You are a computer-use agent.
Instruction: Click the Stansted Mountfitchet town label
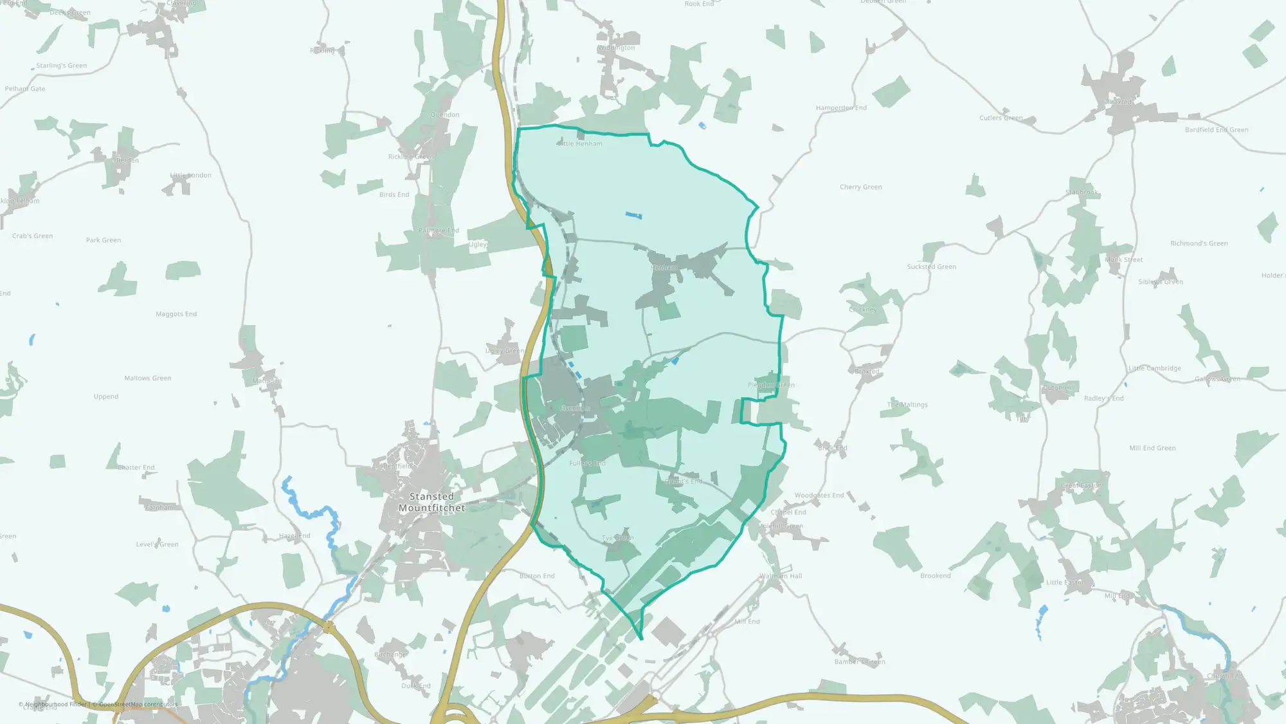431,503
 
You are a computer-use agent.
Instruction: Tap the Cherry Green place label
860,187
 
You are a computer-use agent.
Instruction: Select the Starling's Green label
61,66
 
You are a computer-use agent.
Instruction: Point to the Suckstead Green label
931,267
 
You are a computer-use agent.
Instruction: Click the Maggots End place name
176,314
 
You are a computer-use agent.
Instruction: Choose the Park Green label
103,241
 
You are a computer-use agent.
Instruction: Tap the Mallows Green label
147,378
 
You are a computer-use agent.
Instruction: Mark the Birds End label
394,195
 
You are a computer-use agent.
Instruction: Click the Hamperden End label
841,108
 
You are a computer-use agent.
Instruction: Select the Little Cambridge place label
1154,369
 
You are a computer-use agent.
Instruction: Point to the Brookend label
935,576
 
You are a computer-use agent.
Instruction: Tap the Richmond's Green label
1199,244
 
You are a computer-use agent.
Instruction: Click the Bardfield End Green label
1217,130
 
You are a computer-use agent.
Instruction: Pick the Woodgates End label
819,496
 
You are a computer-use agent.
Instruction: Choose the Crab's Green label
32,236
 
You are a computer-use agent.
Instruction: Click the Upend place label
105,397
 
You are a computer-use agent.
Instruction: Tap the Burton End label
537,576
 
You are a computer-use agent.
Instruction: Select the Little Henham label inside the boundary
580,144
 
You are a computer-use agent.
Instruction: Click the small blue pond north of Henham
633,216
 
